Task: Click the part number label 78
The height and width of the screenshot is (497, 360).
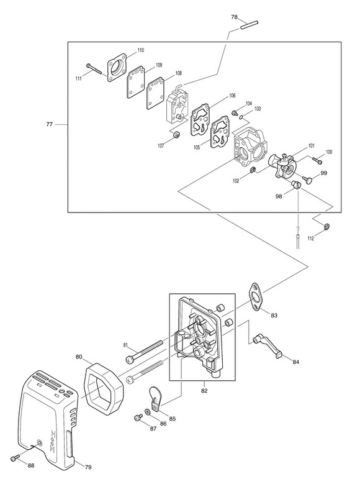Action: click(234, 17)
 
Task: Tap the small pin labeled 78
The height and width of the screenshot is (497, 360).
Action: click(250, 25)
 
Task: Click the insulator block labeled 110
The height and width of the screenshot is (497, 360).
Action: click(117, 68)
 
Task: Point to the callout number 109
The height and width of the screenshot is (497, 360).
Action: click(159, 65)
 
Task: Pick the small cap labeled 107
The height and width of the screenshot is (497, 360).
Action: click(177, 134)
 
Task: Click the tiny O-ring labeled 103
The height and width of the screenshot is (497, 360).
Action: click(241, 118)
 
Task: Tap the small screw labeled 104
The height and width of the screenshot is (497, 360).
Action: click(235, 112)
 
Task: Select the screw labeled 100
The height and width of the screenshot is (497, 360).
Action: click(318, 161)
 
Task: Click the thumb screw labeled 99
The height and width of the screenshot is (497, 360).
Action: click(308, 179)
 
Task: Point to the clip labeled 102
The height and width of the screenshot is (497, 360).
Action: click(253, 170)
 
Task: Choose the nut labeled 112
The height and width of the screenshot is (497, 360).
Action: click(326, 227)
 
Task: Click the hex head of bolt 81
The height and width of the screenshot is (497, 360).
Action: click(130, 359)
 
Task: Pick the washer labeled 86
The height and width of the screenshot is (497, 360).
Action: click(148, 412)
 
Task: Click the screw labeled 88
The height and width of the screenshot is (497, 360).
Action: click(14, 458)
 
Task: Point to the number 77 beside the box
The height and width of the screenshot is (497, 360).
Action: click(50, 125)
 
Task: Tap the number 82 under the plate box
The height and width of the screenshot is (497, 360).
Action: click(204, 391)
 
